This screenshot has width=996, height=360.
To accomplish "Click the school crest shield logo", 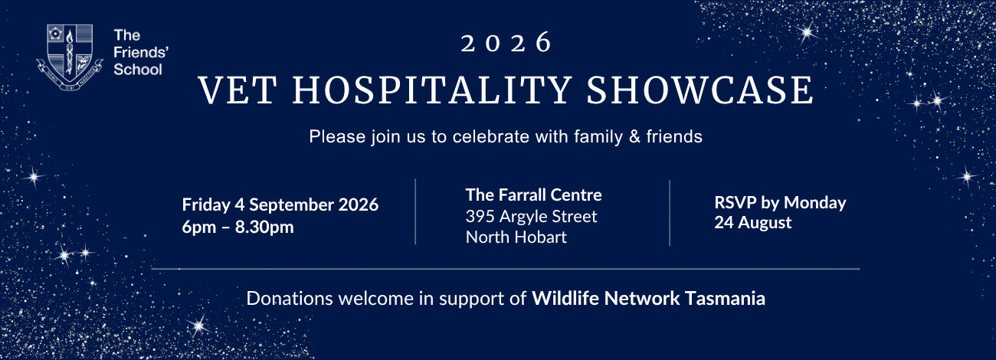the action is point(70,57).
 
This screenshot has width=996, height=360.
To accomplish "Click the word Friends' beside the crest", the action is point(141,52).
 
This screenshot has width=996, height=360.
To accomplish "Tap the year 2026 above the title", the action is point(506,43).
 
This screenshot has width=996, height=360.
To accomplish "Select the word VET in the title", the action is point(238,90).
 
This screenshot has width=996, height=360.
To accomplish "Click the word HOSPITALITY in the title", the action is point(432,90).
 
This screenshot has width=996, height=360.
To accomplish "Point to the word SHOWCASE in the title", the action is point(699,90).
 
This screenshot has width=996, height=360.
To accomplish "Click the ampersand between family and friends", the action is point(634,137).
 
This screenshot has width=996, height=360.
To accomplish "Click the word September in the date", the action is point(291,205).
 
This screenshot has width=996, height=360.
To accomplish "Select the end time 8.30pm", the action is point(264,227).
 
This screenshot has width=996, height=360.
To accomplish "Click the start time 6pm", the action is point(199,227).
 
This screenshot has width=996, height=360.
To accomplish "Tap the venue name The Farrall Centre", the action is point(533,195).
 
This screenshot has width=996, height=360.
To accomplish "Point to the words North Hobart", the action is point(516,237).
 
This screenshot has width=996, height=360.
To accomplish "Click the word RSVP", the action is point(735,203).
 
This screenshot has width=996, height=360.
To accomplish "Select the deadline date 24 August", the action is point(753,223).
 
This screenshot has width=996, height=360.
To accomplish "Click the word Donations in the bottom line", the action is point(290,298).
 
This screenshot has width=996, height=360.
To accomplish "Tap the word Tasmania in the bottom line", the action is point(725,298).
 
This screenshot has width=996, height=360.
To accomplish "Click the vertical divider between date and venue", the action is point(415,211).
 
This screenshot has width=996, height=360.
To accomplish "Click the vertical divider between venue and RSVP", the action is point(670,213).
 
